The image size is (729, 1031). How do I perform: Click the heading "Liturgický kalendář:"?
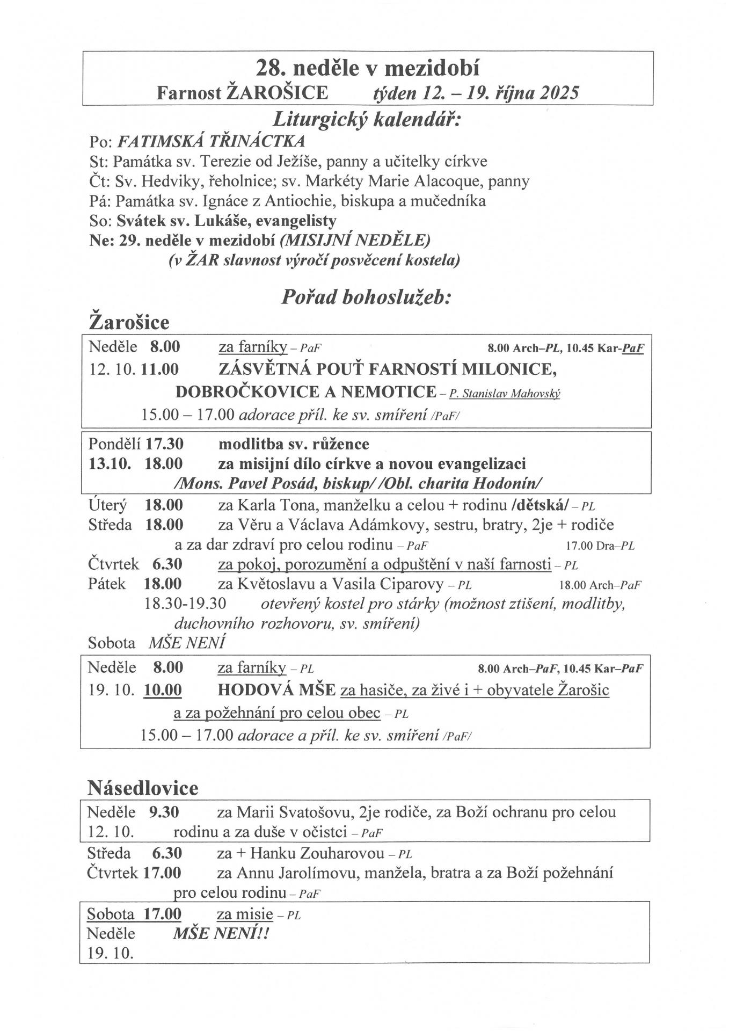[x=367, y=119]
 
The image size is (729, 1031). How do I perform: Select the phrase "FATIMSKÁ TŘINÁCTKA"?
[x=211, y=141]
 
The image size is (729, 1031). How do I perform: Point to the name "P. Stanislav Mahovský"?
[x=505, y=394]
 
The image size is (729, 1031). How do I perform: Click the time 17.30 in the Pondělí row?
[x=165, y=444]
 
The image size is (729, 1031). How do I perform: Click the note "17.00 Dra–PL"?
[x=600, y=546]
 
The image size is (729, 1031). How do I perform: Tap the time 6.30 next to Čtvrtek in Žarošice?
[x=167, y=564]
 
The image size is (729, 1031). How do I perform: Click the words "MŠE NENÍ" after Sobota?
[x=187, y=642]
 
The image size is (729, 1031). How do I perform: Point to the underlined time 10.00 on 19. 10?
[x=163, y=690]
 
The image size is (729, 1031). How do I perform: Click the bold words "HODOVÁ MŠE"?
[x=276, y=690]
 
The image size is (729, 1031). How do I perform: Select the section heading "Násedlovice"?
[x=143, y=788]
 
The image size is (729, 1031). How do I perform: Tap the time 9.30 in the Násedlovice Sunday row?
[x=164, y=812]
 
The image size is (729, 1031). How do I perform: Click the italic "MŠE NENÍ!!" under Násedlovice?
[x=221, y=934]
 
